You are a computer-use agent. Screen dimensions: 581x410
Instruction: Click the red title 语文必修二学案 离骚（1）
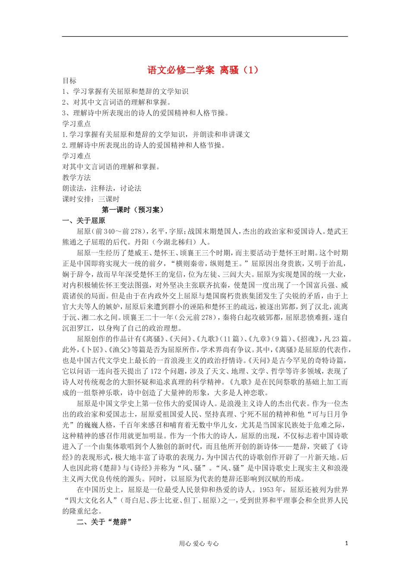coord(205,70)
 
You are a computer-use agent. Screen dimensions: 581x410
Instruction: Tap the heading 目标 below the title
coord(69,81)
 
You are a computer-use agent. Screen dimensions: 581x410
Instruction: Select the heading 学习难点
coord(76,156)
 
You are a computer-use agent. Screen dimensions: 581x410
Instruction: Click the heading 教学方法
coord(76,178)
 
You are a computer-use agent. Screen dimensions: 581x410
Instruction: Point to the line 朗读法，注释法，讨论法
coord(102,188)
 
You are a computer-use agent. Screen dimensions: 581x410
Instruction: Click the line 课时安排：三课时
coord(91,199)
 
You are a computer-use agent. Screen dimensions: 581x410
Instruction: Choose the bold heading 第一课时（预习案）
coord(133,210)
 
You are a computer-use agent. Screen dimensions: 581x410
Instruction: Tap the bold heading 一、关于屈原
coord(84,221)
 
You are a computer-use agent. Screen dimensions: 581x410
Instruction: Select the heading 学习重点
coord(76,124)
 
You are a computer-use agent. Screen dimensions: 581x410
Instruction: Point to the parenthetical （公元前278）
coord(193,318)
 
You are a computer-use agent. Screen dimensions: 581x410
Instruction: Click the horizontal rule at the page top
coord(205,36)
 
